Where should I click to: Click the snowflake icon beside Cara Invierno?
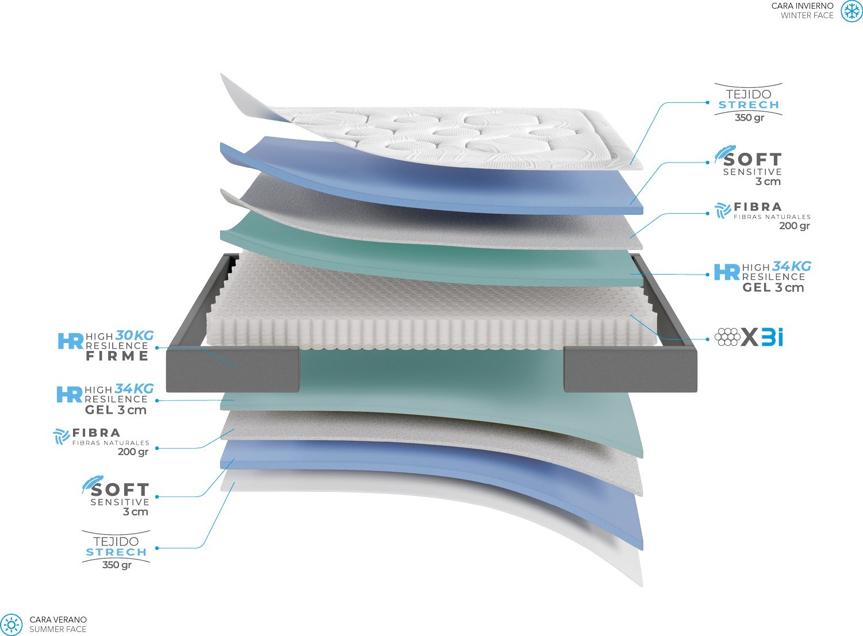pos(851,11)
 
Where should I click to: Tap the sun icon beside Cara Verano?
pos(12,625)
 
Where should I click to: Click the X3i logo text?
pos(762,337)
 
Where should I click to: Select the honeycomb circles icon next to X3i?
pos(727,337)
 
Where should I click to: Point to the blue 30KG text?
pos(135,335)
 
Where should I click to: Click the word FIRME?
pos(117,356)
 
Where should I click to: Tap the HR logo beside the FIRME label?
pos(71,341)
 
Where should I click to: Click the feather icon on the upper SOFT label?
pos(724,153)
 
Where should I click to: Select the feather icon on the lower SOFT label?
pos(92,484)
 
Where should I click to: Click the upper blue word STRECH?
pos(749,105)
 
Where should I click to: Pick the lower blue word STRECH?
pos(116,552)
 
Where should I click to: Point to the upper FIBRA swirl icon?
pos(722,211)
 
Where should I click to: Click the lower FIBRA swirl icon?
pos(62,437)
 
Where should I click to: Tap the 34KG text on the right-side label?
pos(792,265)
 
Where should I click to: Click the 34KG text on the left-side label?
pos(134,388)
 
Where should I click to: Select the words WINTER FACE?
pos(807,16)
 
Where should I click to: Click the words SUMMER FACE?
pos(58,629)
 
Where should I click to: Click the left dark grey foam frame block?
pos(233,369)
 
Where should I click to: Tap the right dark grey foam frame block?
pos(630,369)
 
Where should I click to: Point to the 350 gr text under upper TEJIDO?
pos(749,117)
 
